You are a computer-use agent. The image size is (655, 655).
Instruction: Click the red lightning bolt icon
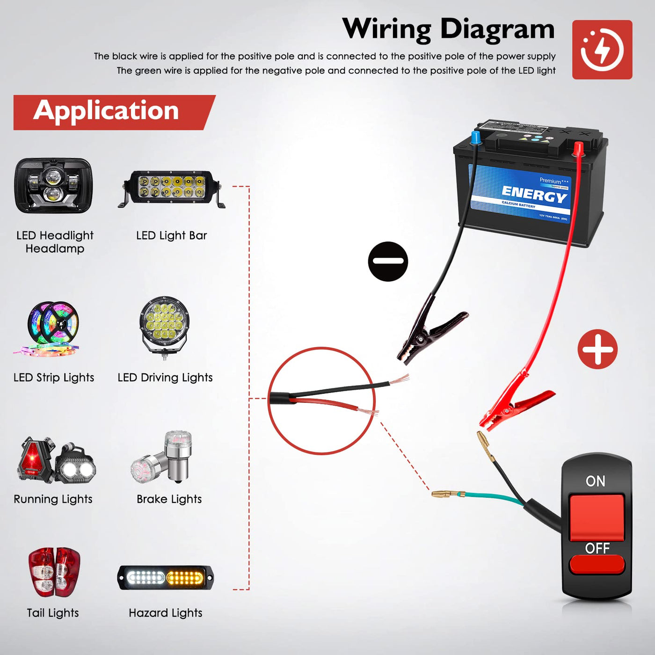(x=602, y=49)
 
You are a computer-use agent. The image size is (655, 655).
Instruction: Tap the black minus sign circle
(x=388, y=262)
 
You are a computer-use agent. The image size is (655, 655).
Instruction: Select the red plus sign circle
(x=597, y=349)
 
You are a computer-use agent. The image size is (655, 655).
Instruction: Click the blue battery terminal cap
(x=475, y=138)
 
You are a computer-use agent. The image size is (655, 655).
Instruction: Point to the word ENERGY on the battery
(x=534, y=194)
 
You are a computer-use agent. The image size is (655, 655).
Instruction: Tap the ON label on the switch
(x=595, y=481)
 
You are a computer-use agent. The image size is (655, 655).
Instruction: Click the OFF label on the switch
(x=597, y=548)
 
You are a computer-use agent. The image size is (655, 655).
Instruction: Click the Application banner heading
(x=107, y=111)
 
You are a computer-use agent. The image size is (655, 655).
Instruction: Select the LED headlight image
(x=53, y=186)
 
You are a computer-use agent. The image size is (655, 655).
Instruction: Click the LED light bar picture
(x=172, y=189)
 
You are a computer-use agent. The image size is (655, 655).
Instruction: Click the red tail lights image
(x=54, y=572)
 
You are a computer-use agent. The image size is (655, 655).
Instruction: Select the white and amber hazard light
(x=166, y=578)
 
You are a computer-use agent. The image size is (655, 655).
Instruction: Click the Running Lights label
(x=53, y=499)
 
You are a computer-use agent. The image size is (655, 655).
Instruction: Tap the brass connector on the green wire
(x=447, y=494)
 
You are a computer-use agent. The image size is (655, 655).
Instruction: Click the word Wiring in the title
(x=386, y=29)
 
